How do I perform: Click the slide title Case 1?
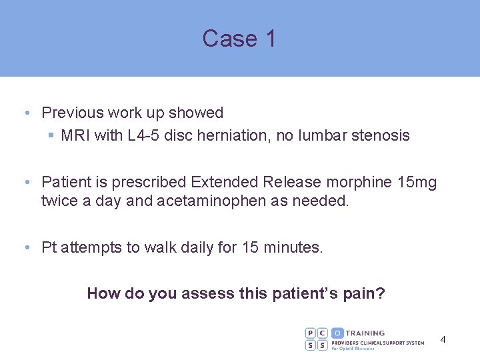point(239,39)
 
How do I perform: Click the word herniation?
point(233,136)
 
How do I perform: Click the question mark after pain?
point(381,293)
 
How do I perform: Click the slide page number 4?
point(443,340)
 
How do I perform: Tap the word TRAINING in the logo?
point(366,333)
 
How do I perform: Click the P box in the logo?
point(311,333)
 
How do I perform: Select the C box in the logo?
point(323,333)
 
